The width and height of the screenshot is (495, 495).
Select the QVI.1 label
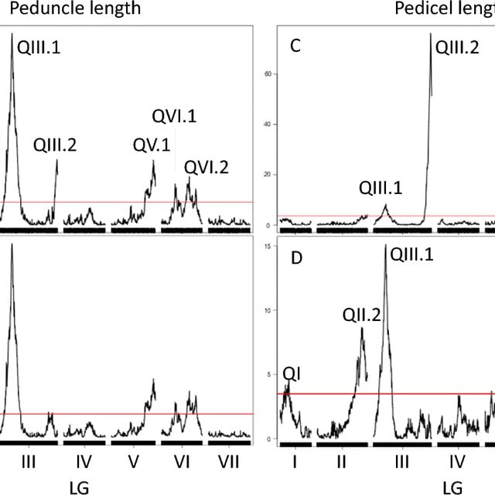[173, 117]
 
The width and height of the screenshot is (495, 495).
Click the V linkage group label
[133, 462]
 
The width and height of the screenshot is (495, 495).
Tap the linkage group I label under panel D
[295, 462]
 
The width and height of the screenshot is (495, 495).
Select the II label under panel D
[340, 462]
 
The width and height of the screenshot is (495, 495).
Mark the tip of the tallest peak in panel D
[385, 245]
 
